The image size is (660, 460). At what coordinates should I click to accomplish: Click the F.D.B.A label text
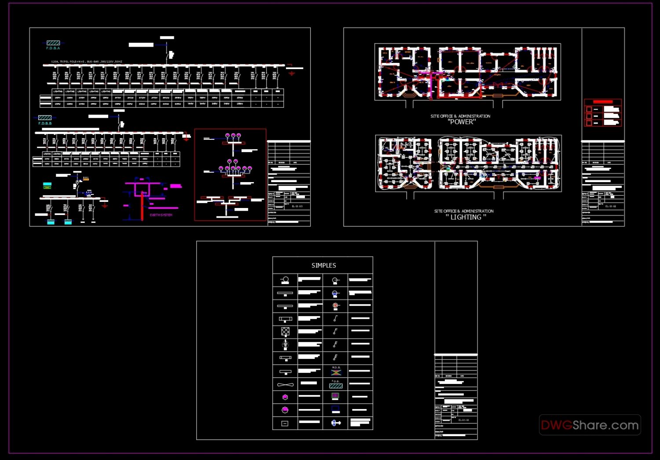point(53,48)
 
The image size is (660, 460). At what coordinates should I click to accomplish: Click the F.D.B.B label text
point(45,123)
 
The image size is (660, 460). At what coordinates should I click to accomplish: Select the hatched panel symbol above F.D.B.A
point(53,43)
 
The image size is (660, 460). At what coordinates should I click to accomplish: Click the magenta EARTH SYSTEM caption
point(161,215)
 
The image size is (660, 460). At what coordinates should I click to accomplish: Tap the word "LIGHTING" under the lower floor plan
point(466,217)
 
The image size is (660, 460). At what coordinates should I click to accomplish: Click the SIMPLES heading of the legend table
point(323,266)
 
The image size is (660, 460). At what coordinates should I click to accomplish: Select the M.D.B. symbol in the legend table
point(336,372)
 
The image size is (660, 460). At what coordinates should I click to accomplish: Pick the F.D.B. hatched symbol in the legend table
point(336,386)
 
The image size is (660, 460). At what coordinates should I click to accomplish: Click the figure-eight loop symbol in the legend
point(285,385)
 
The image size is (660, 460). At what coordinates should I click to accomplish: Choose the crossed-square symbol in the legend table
point(285,331)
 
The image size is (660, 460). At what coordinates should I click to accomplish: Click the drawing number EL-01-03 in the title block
point(297,206)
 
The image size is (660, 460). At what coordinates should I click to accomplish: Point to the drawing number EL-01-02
point(611,206)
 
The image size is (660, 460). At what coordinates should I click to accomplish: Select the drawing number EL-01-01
point(464,420)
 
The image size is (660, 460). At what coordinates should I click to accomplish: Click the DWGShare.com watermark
point(590,425)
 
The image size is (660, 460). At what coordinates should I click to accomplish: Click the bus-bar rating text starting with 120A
point(87,62)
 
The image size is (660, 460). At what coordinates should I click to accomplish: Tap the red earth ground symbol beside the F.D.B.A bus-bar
point(291,73)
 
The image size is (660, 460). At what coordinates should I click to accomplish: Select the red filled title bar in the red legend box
point(603,102)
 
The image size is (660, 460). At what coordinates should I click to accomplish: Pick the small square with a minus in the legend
point(285,423)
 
